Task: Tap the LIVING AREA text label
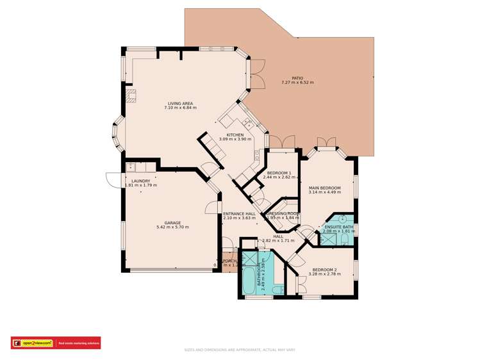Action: tap(180, 103)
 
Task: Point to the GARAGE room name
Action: tap(172, 222)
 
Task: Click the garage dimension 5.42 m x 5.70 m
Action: tap(172, 227)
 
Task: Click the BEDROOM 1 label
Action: tap(279, 173)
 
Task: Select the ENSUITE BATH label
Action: tap(338, 227)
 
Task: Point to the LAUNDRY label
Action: tap(140, 181)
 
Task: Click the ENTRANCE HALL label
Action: tap(239, 213)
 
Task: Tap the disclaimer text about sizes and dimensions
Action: tap(240, 350)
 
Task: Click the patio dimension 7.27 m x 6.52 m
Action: tap(297, 83)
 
